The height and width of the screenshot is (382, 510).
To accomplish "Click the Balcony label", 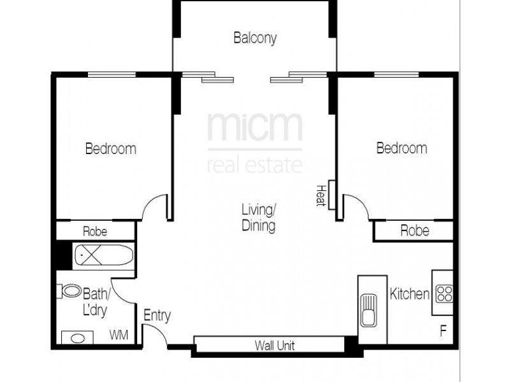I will (x=255, y=38).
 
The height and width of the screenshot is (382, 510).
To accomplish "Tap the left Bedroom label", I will (x=111, y=149).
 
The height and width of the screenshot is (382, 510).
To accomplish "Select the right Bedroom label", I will (x=402, y=148).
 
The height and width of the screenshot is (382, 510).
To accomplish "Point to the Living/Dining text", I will (x=259, y=217).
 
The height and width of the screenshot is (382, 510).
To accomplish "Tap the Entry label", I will (x=157, y=315).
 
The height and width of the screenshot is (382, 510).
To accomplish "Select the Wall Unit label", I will (x=275, y=346).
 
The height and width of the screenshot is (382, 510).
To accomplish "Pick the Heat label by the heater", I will (x=321, y=195).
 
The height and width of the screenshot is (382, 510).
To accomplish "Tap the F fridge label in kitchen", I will (x=442, y=332).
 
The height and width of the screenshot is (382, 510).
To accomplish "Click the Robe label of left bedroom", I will (x=94, y=231).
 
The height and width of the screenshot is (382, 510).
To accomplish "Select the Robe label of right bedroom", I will (x=414, y=230).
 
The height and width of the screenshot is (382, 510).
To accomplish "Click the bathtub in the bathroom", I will (x=103, y=257).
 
